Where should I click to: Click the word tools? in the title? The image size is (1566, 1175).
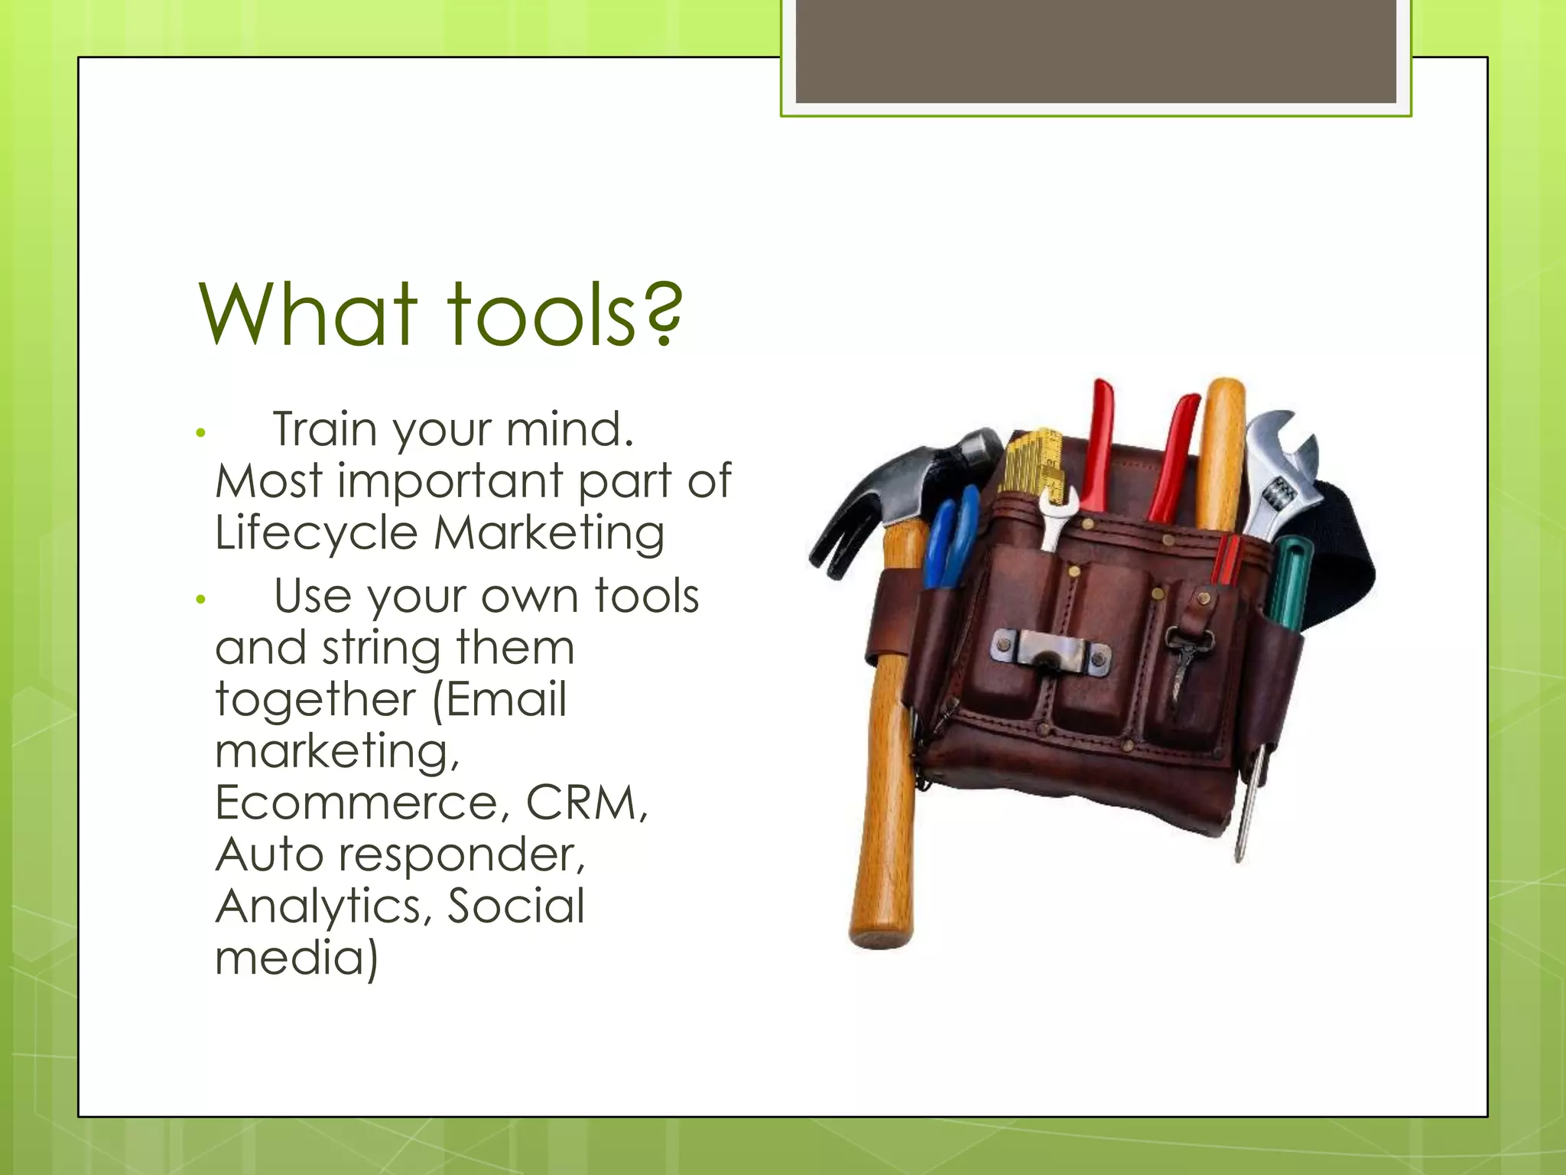[564, 314]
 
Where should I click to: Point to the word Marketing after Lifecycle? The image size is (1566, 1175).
[549, 532]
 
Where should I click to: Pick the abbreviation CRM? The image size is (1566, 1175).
[586, 802]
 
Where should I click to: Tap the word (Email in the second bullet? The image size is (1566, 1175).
[499, 699]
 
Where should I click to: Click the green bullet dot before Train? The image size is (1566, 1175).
[201, 433]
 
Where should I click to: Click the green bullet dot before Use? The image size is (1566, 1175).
[201, 600]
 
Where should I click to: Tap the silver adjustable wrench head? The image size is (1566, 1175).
[1285, 459]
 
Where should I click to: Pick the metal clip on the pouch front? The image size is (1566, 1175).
[1049, 651]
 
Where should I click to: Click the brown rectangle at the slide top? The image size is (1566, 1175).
[1096, 52]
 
